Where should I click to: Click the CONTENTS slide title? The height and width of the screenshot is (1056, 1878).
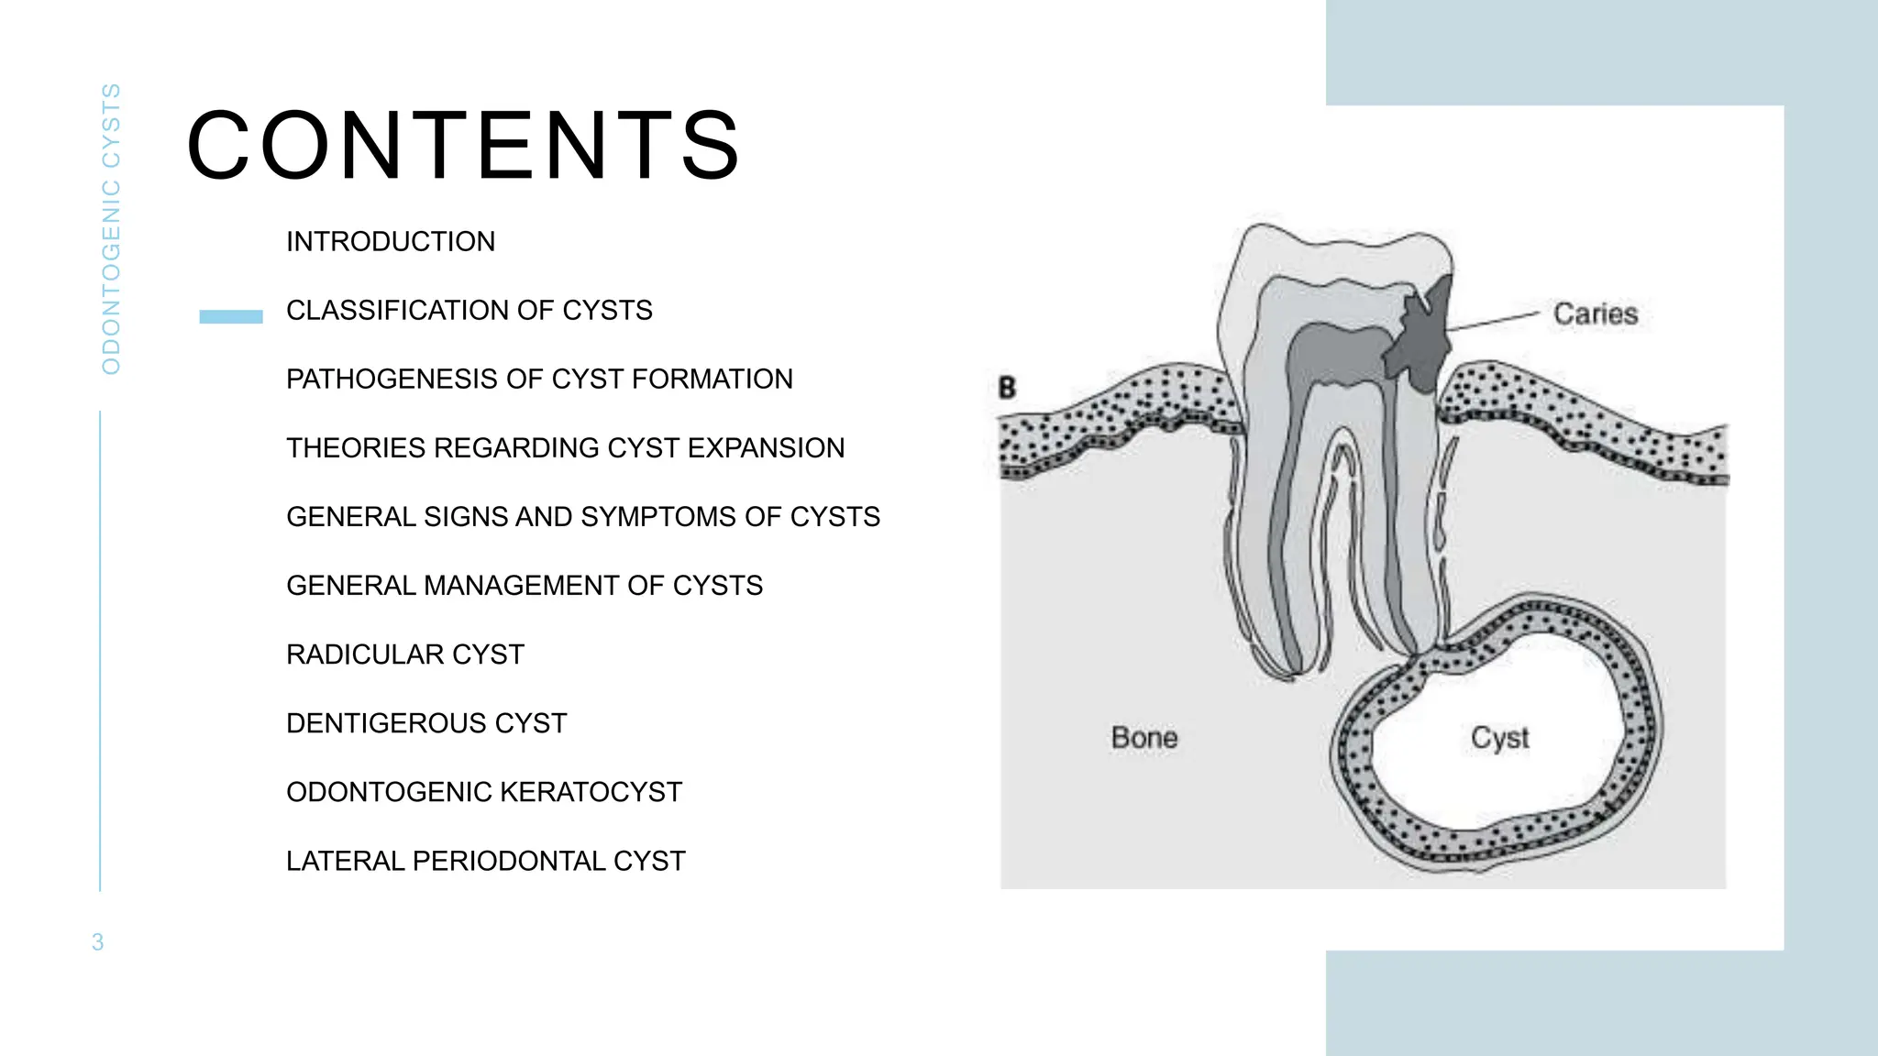(463, 145)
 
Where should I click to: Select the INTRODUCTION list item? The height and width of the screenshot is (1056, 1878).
(391, 242)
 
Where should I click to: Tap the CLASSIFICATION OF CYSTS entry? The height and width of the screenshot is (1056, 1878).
(469, 311)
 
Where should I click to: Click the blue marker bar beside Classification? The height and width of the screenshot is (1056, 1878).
(231, 316)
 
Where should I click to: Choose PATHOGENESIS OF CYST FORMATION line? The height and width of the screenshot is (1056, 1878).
(539, 379)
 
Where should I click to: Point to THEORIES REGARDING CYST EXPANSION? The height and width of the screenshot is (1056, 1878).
(565, 448)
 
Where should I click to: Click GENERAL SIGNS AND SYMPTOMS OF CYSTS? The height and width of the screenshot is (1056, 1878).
(582, 517)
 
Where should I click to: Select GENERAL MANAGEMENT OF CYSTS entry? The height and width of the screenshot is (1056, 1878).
(524, 586)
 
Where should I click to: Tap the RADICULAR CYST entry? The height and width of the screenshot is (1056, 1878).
(404, 654)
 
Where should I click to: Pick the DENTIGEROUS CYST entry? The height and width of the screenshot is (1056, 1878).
(426, 723)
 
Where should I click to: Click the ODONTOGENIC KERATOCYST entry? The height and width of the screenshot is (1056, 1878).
(484, 792)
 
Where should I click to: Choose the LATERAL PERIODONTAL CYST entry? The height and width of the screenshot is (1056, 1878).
(485, 861)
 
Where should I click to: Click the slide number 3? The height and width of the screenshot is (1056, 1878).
(98, 942)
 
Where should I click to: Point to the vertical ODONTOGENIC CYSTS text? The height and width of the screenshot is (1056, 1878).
(111, 229)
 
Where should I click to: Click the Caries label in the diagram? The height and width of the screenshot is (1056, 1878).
(1595, 314)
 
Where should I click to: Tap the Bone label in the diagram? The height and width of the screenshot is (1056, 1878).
(1143, 738)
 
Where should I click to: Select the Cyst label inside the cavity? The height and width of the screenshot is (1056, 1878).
(1499, 738)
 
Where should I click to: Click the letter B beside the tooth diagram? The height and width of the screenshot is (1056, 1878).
(1007, 388)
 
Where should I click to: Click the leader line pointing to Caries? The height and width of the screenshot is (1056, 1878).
(1495, 320)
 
